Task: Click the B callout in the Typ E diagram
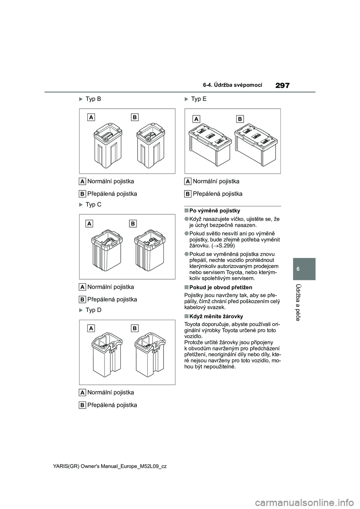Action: [240, 119]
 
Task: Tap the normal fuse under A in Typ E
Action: [210, 144]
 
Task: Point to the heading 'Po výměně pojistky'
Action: [214, 211]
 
